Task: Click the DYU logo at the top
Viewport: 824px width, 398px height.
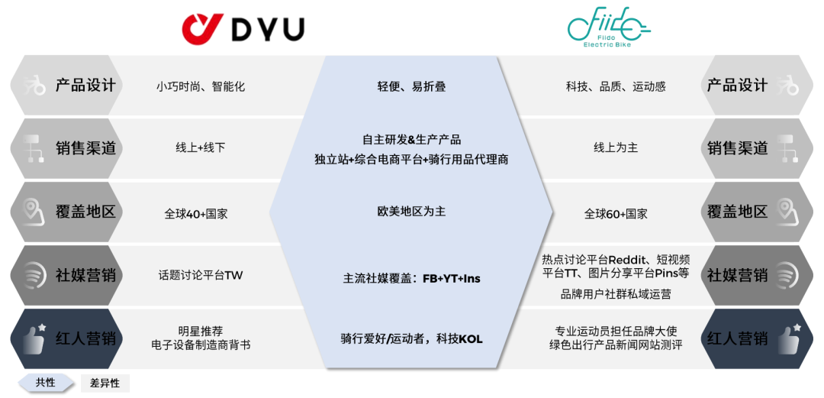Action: (x=243, y=29)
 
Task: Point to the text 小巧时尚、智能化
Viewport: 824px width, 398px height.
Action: (x=201, y=86)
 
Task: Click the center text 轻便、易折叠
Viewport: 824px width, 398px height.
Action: (x=411, y=86)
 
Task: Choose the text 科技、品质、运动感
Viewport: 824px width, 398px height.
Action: (x=616, y=86)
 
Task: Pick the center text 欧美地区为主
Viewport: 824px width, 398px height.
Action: (x=411, y=211)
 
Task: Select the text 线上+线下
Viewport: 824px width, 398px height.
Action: (x=201, y=147)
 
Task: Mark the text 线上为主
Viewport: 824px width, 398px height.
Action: (x=616, y=147)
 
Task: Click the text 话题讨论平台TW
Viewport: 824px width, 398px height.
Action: (x=201, y=275)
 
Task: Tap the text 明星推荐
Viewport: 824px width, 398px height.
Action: (x=201, y=331)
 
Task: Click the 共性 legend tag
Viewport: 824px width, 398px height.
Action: (x=46, y=382)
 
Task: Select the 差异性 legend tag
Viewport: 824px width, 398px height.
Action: (x=105, y=383)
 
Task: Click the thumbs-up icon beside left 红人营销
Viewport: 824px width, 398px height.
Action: (x=33, y=338)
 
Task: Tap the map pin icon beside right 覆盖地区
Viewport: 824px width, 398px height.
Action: (x=787, y=211)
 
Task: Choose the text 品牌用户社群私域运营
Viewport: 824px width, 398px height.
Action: (x=616, y=294)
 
